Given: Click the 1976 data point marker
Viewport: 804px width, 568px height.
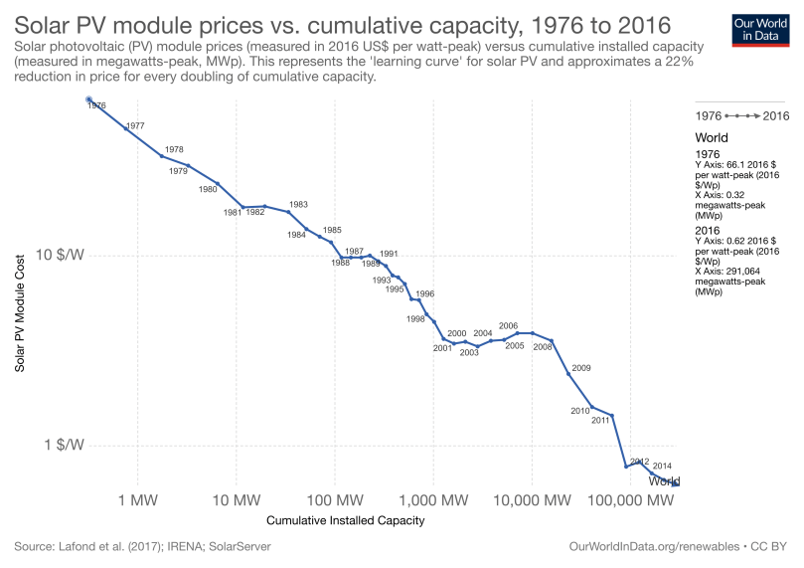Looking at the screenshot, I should (x=89, y=99).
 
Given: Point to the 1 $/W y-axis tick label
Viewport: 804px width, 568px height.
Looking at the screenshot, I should (x=66, y=445).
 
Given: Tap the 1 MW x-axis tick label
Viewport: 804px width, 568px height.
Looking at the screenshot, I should (x=138, y=498).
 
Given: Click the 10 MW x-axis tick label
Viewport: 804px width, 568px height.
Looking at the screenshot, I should (x=237, y=498).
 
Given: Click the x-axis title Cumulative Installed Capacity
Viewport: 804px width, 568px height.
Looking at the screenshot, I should (x=346, y=520).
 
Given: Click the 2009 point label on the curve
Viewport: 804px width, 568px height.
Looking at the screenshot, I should (x=581, y=368).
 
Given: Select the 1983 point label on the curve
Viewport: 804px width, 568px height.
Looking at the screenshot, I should (x=298, y=204).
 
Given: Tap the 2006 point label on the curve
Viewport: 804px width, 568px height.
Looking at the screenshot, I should (x=508, y=325).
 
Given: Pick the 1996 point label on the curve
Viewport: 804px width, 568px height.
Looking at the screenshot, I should (x=424, y=293).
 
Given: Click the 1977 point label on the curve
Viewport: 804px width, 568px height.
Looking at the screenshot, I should (x=135, y=126).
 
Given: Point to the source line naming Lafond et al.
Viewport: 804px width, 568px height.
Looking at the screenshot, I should (x=142, y=547).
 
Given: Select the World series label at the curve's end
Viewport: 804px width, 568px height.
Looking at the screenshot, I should (x=664, y=481).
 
